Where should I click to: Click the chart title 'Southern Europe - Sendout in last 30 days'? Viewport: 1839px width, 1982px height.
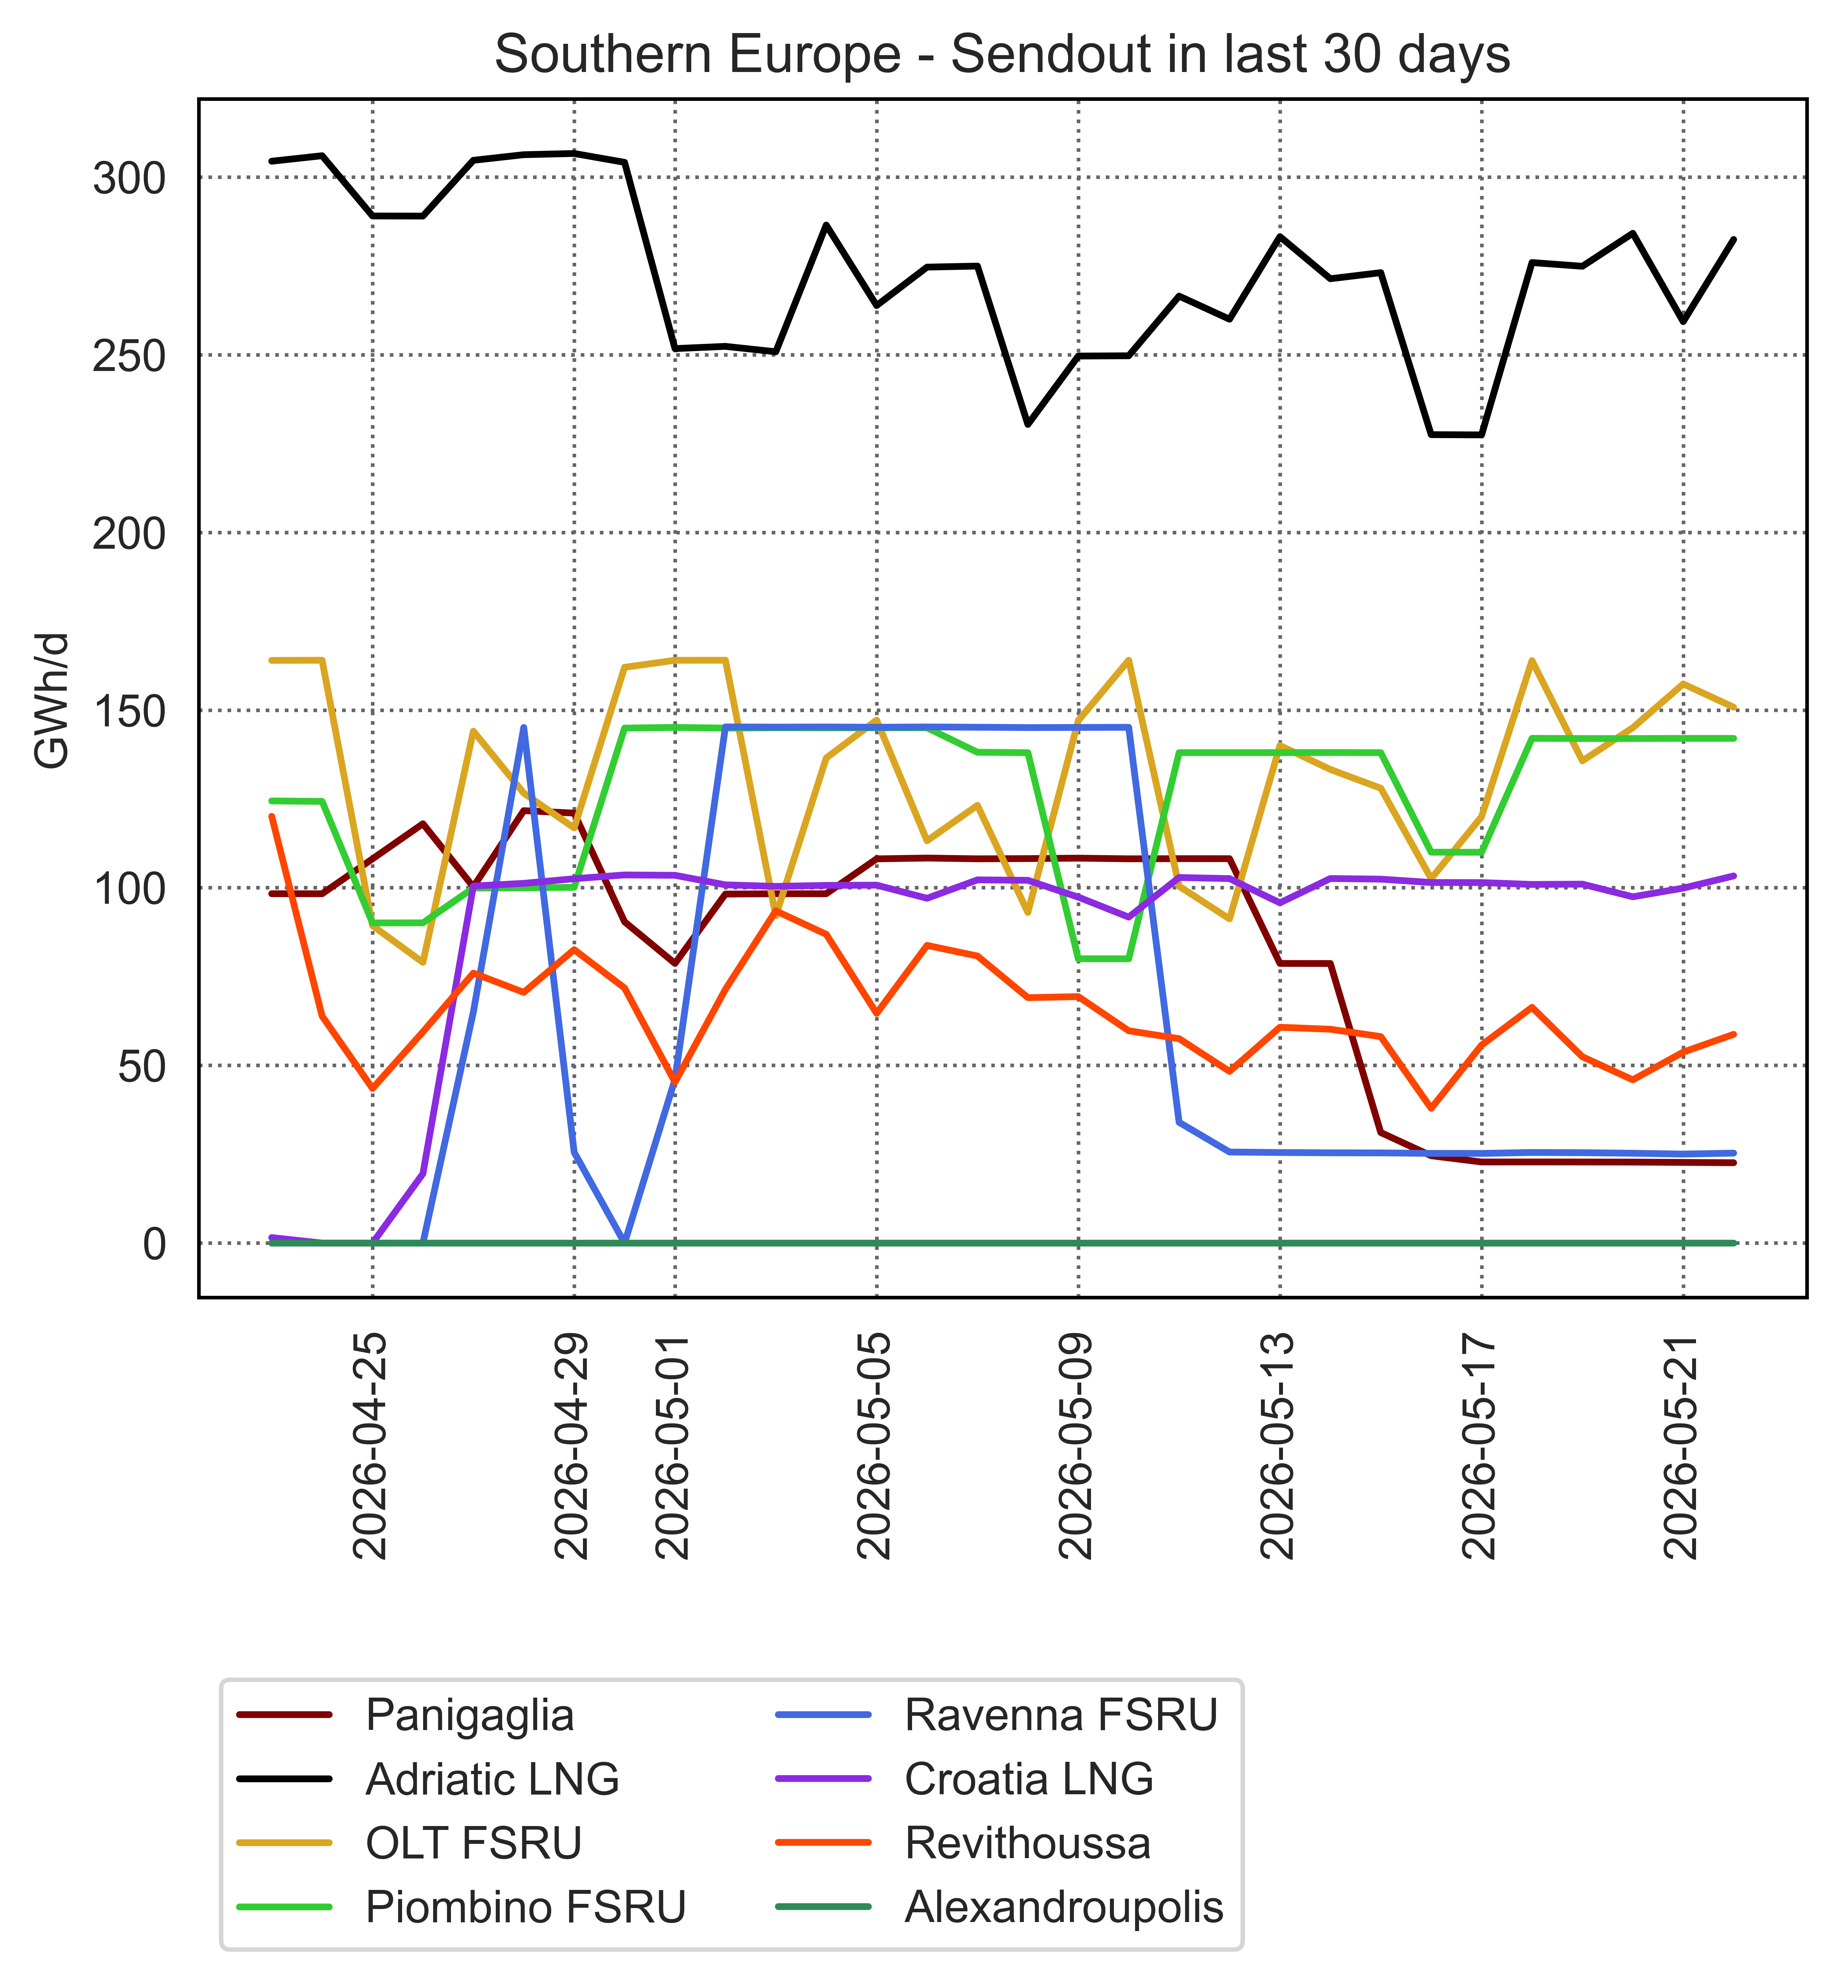coord(1002,55)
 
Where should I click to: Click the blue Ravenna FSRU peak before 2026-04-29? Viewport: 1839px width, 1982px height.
coord(523,727)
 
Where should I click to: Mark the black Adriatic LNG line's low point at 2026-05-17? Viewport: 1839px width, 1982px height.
coord(1481,435)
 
